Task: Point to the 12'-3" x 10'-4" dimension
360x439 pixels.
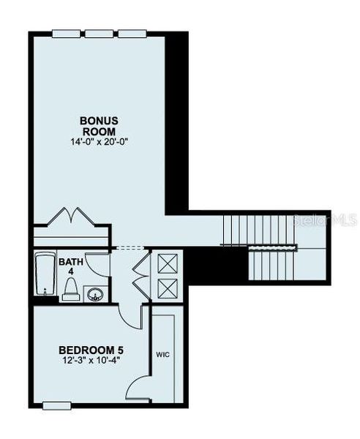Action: [x=90, y=359]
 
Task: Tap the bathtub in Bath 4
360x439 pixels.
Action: [x=45, y=274]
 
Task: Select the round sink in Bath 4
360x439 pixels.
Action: [x=94, y=293]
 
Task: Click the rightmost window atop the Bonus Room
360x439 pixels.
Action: [x=130, y=32]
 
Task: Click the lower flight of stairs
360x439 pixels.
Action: [x=270, y=264]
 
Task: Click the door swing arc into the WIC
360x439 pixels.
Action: [x=139, y=387]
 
